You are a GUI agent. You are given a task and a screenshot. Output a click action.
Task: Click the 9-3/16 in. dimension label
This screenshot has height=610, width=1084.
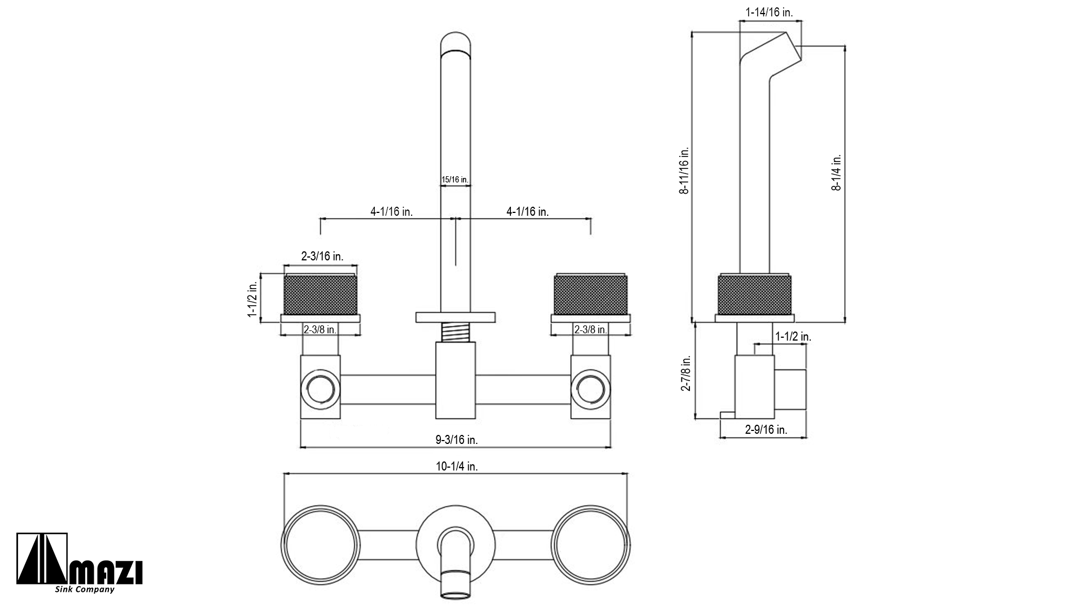[x=456, y=440]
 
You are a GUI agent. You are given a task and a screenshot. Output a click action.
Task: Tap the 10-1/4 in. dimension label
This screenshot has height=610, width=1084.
[x=457, y=467]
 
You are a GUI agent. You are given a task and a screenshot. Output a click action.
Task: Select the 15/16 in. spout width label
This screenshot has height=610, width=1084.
[x=454, y=180]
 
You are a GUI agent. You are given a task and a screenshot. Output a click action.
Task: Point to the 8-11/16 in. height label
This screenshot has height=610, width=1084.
[x=684, y=171]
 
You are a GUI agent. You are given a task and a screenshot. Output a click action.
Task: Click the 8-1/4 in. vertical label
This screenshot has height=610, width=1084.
[x=836, y=172]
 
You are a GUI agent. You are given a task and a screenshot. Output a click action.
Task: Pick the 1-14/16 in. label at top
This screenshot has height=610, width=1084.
[x=770, y=12]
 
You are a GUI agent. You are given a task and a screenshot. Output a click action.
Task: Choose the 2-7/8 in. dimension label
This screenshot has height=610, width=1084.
[x=686, y=373]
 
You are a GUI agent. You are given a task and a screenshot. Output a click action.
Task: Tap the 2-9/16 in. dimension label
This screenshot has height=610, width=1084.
[x=766, y=430]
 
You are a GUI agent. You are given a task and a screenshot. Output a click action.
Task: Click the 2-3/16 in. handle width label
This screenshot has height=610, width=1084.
[x=322, y=256]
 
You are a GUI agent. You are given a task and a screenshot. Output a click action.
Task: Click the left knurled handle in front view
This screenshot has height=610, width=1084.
[x=320, y=295]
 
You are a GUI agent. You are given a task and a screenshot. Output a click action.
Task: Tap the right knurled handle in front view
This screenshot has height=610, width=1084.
[x=591, y=295]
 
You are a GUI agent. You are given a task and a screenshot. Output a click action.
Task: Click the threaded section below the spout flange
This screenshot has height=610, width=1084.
[x=456, y=332]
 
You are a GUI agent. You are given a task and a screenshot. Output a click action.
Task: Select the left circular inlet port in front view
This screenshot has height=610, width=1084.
[x=321, y=389]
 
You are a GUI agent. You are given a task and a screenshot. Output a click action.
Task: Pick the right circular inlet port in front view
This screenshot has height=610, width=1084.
[x=591, y=389]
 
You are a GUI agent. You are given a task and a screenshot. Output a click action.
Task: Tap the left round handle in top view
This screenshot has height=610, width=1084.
[x=320, y=544]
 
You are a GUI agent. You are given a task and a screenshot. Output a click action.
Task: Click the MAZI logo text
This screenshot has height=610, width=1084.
[x=107, y=573]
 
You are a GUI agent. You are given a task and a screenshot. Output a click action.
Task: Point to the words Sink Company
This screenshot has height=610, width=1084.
[x=85, y=590]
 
